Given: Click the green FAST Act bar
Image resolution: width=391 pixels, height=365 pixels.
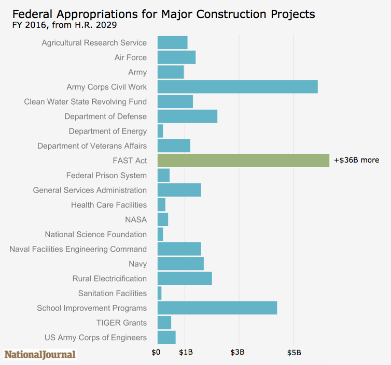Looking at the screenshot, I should [243, 160].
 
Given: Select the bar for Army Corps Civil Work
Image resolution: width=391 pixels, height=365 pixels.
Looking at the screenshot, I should [237, 87].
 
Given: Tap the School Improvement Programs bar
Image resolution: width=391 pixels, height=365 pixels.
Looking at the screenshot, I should [217, 308].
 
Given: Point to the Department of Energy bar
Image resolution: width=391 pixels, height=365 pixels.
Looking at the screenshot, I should [160, 131].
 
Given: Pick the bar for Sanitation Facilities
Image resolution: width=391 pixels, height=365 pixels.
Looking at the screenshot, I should [159, 293].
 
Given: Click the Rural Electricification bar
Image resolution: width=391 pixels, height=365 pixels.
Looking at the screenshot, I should [184, 279].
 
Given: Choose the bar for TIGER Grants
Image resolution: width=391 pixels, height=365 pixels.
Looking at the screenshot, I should [164, 323].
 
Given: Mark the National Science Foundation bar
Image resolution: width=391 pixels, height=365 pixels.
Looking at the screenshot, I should [160, 235].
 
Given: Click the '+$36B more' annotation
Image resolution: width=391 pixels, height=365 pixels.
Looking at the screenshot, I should [356, 160].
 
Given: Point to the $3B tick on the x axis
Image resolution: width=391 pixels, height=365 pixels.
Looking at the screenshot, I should [238, 353].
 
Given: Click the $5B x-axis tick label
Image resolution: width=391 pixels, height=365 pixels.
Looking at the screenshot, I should [294, 353].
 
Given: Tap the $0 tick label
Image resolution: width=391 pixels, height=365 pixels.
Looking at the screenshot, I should [156, 353].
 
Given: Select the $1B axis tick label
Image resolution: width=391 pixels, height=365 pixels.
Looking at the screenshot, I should [186, 353].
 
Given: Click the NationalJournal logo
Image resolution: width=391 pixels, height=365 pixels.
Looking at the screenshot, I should [40, 355].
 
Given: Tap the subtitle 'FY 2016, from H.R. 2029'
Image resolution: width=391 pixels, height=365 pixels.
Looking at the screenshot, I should [64, 25].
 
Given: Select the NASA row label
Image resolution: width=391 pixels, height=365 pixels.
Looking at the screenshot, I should [135, 220].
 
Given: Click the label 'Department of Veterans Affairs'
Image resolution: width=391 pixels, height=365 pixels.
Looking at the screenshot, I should [92, 146].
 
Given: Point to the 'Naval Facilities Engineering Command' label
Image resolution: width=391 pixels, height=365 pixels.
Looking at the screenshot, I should [78, 249].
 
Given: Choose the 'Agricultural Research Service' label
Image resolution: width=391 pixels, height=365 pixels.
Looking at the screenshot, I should [94, 43].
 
